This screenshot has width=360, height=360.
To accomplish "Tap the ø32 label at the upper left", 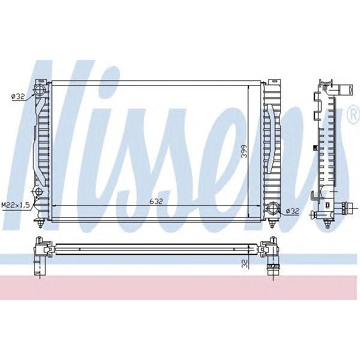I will click(18, 95).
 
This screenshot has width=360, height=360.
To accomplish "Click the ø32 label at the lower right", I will click(292, 211).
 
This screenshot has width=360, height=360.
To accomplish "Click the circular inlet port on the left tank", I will click(40, 91).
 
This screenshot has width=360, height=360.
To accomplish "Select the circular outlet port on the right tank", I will click(273, 209).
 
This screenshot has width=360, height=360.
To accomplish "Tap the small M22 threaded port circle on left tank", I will click(38, 192).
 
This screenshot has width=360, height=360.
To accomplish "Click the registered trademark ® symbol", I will click(352, 118).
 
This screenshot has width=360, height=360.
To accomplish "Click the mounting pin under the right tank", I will click(274, 225).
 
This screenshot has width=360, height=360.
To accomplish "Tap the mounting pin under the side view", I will click(326, 224).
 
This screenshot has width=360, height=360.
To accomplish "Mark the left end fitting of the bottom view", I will click(40, 255).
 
